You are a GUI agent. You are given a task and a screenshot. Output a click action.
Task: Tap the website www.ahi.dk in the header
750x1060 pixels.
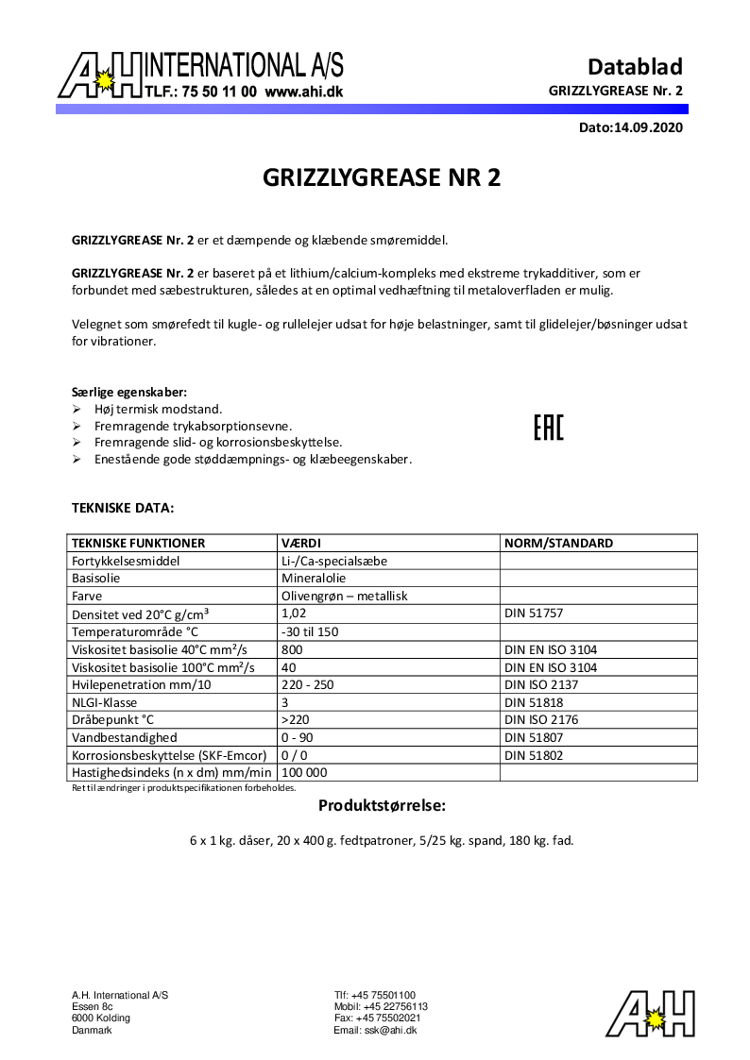click(303, 93)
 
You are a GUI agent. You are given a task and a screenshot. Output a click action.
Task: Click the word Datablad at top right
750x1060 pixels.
click(635, 66)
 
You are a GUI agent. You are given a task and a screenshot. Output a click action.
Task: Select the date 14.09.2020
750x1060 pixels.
click(648, 127)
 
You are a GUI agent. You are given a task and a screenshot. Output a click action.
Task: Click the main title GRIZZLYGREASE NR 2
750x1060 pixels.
click(381, 178)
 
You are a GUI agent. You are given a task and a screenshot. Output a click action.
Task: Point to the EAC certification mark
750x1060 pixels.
click(548, 428)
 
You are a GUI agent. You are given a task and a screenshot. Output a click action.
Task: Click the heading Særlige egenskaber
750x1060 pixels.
click(129, 392)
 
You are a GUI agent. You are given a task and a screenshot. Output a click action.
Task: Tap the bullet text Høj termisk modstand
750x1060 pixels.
click(158, 410)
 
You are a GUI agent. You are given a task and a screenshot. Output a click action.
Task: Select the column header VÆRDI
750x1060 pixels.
click(301, 544)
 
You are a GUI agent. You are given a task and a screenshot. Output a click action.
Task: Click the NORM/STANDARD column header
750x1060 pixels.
click(558, 544)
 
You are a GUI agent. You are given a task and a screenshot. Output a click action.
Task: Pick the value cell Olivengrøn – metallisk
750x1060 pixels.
click(344, 597)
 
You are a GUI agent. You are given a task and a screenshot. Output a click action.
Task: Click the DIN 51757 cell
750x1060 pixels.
click(535, 614)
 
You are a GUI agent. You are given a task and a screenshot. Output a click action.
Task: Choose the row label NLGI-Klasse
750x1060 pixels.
click(109, 702)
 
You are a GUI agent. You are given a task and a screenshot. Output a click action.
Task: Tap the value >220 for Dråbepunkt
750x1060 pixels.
click(297, 720)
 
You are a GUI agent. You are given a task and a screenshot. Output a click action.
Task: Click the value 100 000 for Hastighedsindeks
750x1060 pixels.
click(304, 773)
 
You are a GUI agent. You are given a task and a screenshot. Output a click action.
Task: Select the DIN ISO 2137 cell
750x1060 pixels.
click(541, 684)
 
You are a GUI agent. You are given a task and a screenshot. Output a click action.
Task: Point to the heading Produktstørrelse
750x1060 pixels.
click(381, 806)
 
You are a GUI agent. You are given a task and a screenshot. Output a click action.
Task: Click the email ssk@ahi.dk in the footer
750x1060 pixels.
click(375, 1031)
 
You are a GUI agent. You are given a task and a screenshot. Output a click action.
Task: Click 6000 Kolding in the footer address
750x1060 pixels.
click(101, 1018)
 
